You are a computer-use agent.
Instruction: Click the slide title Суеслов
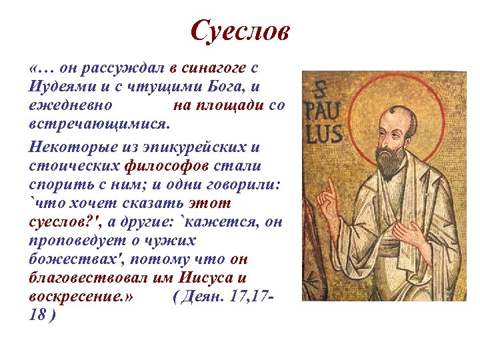click(x=240, y=31)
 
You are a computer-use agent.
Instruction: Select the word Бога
click(x=224, y=87)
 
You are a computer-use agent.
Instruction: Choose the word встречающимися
click(x=99, y=125)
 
